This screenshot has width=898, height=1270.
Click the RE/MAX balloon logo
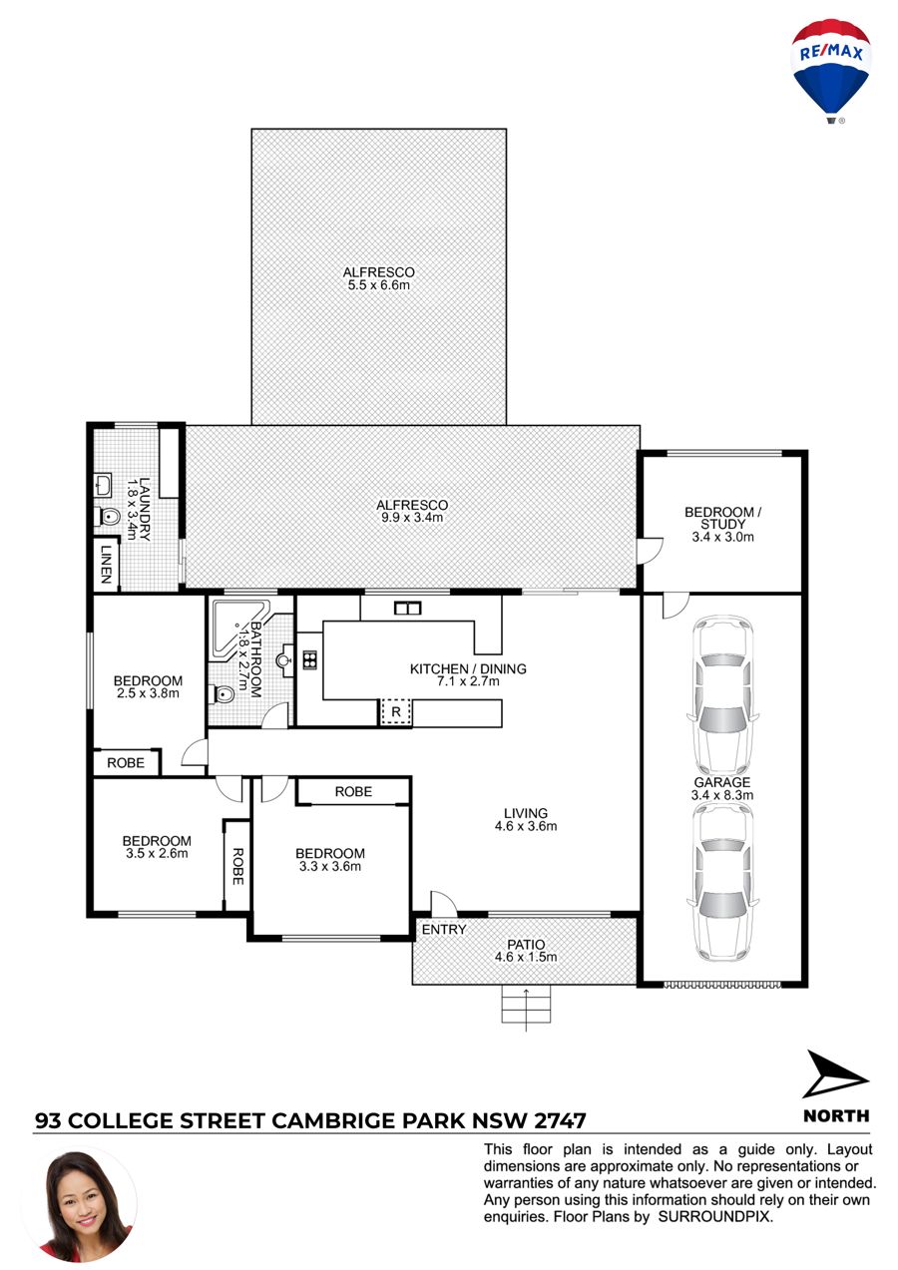(830, 71)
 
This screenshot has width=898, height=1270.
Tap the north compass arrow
(834, 1075)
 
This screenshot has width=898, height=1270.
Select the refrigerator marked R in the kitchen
(396, 712)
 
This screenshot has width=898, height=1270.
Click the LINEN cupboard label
(106, 564)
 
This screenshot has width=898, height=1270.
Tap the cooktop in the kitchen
(309, 659)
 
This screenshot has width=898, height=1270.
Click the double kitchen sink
(408, 609)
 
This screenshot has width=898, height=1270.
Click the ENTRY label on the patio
(444, 929)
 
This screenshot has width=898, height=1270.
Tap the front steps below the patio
(526, 1006)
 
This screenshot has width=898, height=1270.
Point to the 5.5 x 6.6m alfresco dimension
(379, 285)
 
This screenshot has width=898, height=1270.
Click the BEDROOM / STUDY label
(722, 518)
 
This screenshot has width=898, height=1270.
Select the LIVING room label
(526, 814)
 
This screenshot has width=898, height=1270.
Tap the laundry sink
(103, 485)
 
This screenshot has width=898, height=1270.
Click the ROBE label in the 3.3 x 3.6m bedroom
(353, 791)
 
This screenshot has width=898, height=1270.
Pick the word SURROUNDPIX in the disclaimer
(714, 1217)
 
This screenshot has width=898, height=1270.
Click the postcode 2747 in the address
(560, 1121)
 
